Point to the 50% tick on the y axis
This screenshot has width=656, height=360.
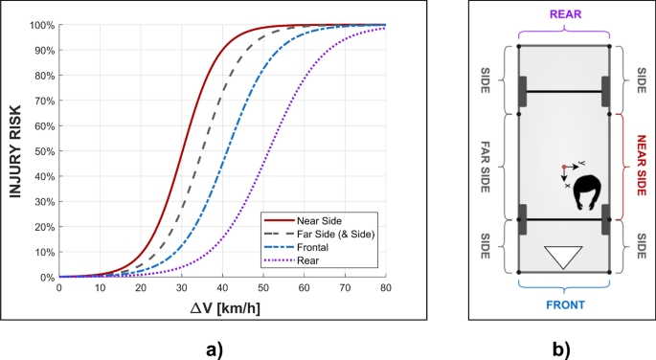[42, 151]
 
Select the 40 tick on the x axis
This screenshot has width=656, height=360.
[222, 287]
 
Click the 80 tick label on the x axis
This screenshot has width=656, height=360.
[385, 287]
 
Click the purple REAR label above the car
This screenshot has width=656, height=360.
[562, 15]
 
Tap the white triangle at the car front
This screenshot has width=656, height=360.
[562, 257]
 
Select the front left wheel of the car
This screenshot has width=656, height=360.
[522, 219]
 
